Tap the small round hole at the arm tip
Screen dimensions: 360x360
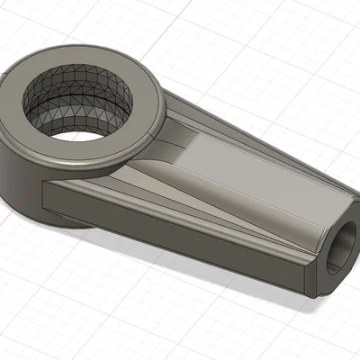click(x=341, y=247)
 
